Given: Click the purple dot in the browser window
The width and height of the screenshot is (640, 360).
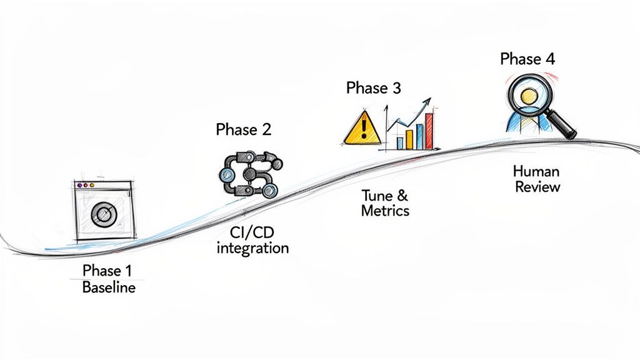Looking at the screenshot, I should (78, 186).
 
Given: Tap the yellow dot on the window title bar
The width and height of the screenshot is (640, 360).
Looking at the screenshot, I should (92, 186).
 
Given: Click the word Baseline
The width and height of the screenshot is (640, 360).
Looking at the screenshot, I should (109, 288).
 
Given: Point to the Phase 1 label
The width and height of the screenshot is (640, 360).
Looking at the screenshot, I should (107, 271).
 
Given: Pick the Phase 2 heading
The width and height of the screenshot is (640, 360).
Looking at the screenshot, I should (243, 129).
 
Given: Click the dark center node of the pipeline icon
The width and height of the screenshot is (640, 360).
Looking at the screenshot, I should (249, 173).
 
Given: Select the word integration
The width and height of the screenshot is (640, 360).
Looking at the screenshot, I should (252, 248).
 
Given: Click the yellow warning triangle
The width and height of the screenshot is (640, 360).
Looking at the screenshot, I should (362, 128).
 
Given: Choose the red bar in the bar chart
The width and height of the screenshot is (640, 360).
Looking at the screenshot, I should (429, 131).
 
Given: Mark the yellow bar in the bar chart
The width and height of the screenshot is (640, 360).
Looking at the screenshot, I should (410, 138).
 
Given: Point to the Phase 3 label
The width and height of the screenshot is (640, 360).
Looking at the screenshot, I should (373, 88).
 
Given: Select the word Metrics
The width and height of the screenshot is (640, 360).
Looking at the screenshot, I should (385, 210).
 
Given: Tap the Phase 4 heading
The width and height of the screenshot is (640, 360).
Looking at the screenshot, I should (527, 59).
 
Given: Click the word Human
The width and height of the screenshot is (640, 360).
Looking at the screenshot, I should (536, 171).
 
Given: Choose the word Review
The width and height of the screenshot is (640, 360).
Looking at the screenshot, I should (537, 187).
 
